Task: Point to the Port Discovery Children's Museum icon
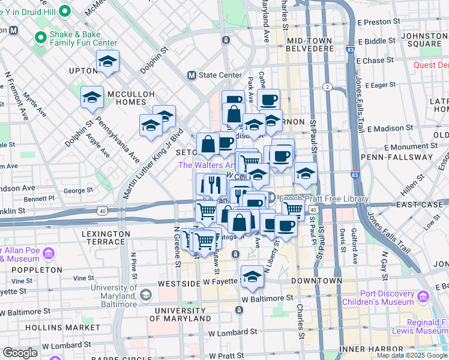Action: [423, 296]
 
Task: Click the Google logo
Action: [20, 353]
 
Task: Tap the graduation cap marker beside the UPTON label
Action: [108, 62]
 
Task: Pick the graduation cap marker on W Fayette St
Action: [253, 277]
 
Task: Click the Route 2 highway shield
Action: [327, 87]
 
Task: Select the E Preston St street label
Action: [379, 22]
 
